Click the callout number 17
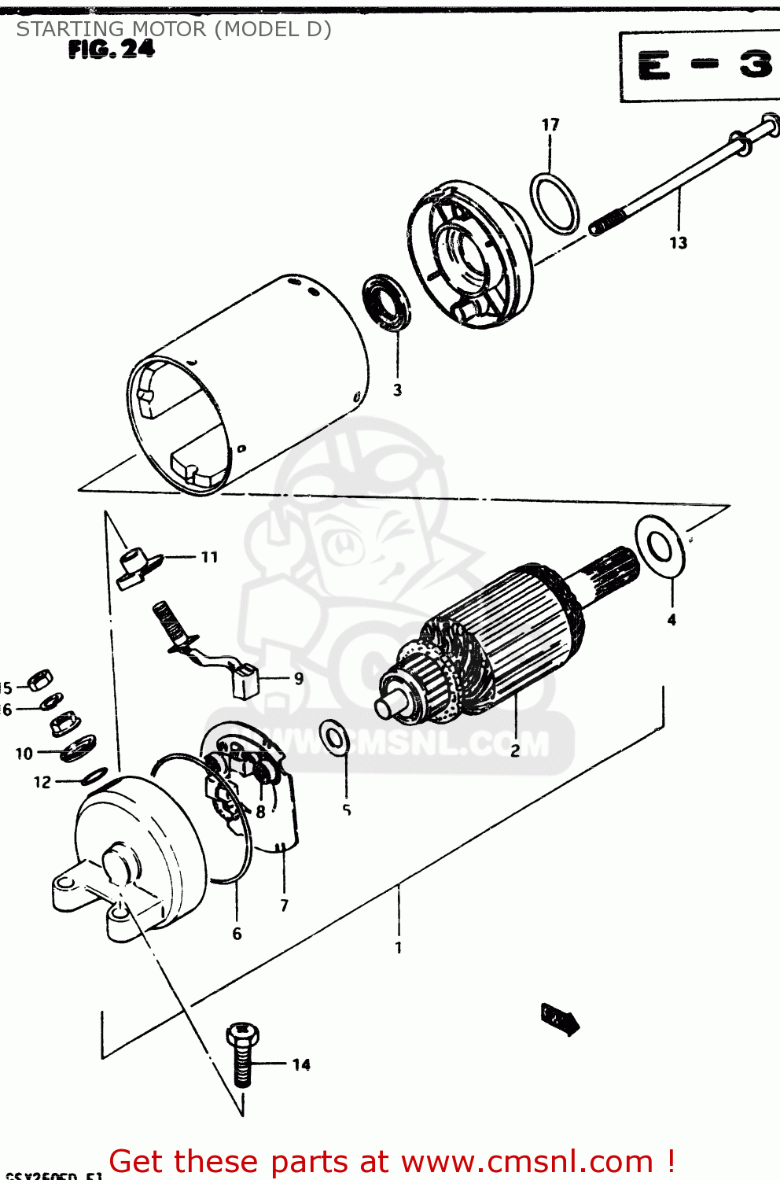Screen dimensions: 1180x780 point(550,124)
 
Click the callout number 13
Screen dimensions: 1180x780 point(679,243)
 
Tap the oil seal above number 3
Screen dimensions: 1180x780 point(386,302)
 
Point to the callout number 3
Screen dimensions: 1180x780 point(397,390)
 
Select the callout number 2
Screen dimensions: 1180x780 point(515,751)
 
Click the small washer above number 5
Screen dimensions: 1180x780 point(336,737)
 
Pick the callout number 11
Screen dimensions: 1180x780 point(209,557)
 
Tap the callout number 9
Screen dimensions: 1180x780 point(298,678)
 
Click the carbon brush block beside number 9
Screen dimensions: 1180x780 point(247,681)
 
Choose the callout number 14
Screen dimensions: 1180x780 point(301,1065)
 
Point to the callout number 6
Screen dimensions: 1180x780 point(237,934)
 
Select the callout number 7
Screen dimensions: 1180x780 point(285,905)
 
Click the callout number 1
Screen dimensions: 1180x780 point(399,947)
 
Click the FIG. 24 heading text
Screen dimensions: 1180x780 point(112,50)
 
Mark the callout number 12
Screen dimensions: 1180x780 point(42,782)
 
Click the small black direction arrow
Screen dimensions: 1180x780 point(560,1020)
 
